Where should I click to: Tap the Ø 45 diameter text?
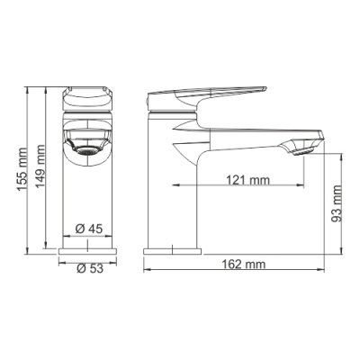tap(87, 229)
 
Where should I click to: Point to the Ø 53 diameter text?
tap(87, 268)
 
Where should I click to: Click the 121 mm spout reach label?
tap(247, 180)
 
